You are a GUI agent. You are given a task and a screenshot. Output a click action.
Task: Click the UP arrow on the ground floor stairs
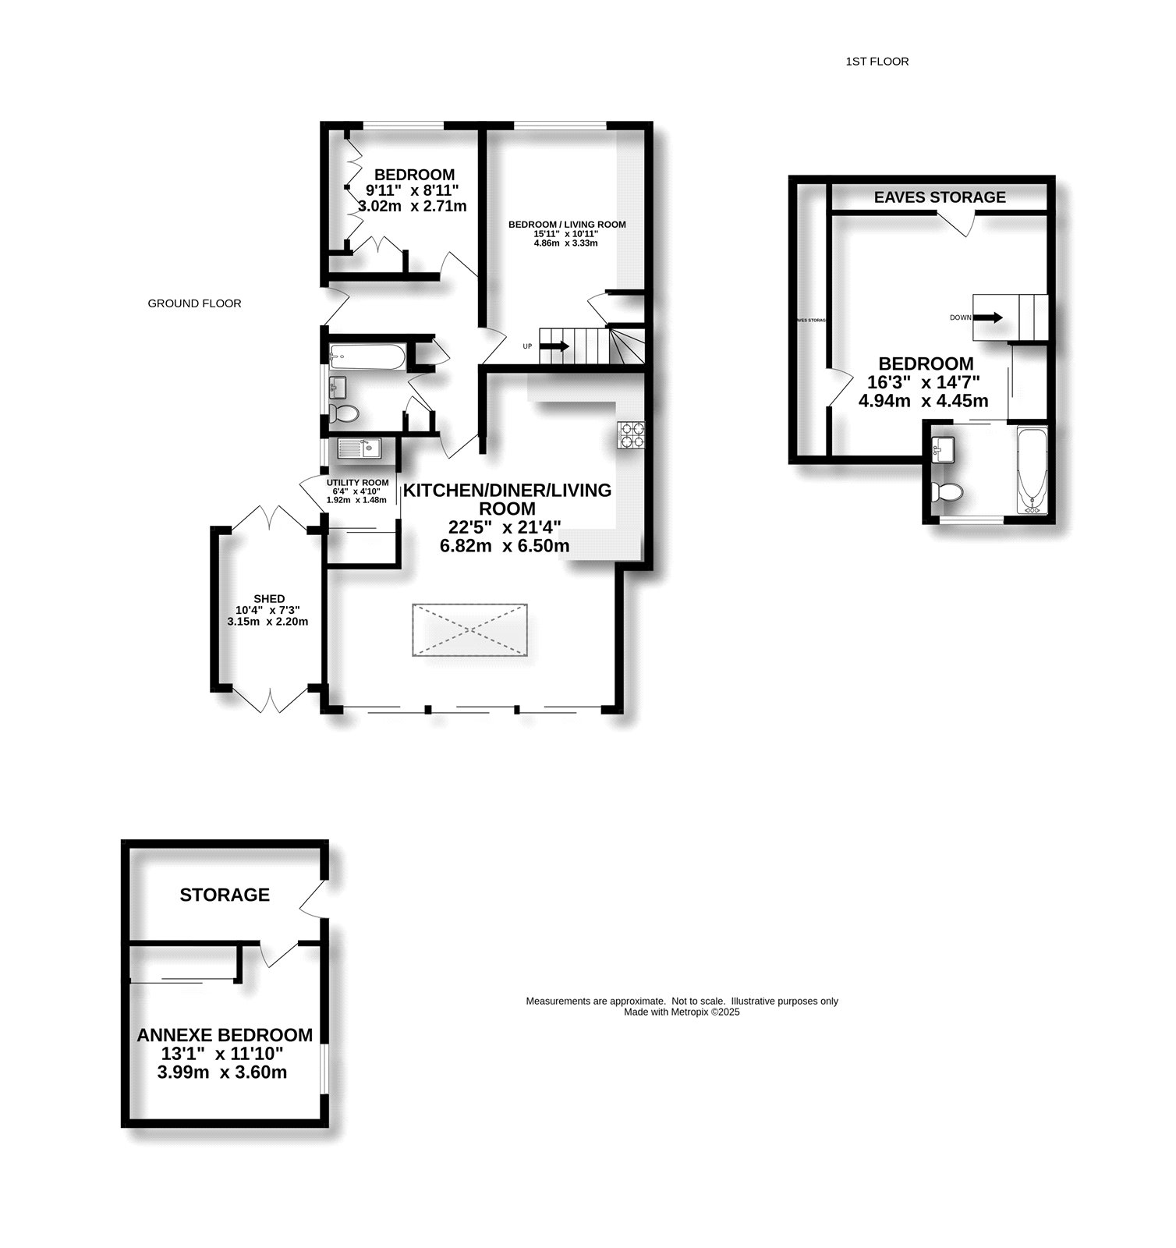[x=554, y=346]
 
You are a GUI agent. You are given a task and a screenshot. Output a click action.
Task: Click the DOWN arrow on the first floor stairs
[x=990, y=317]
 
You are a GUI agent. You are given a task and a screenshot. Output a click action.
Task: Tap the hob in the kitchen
[x=631, y=434]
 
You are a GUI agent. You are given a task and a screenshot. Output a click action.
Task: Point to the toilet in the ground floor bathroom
[x=344, y=413]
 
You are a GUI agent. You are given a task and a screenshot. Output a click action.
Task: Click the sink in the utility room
[x=359, y=448]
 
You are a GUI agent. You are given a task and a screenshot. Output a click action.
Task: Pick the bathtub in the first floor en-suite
[x=1033, y=470]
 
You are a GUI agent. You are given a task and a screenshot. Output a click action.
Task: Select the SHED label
[x=268, y=598]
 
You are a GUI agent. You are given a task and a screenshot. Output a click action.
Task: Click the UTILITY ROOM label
[x=357, y=483]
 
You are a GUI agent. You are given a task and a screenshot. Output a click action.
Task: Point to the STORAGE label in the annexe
[x=225, y=895]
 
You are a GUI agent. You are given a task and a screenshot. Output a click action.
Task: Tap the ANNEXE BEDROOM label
[x=225, y=1035]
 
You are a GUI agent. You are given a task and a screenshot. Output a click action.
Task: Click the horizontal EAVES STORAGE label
[x=940, y=197]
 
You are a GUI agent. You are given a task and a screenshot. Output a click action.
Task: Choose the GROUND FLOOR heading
[x=194, y=303]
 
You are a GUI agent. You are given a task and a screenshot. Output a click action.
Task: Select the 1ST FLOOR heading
[x=877, y=61]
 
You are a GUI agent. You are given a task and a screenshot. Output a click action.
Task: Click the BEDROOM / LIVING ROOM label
[x=567, y=225]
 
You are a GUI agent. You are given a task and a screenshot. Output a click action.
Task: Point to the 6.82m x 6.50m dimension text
[x=505, y=546]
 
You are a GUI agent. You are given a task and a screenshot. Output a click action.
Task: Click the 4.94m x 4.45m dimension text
[x=923, y=401]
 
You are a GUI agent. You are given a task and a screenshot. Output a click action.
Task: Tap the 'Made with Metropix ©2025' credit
[x=682, y=1012]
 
